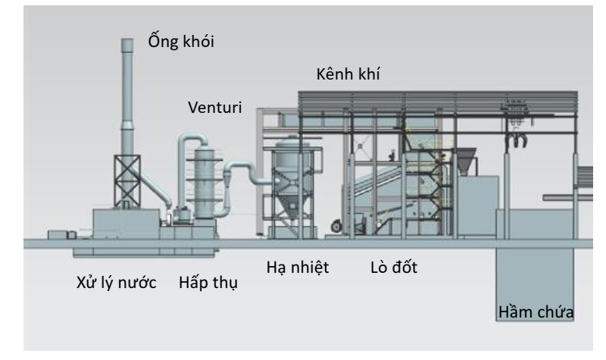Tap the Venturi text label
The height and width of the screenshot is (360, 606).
pos(216,107)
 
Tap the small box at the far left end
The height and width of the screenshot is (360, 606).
pos(56,234)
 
